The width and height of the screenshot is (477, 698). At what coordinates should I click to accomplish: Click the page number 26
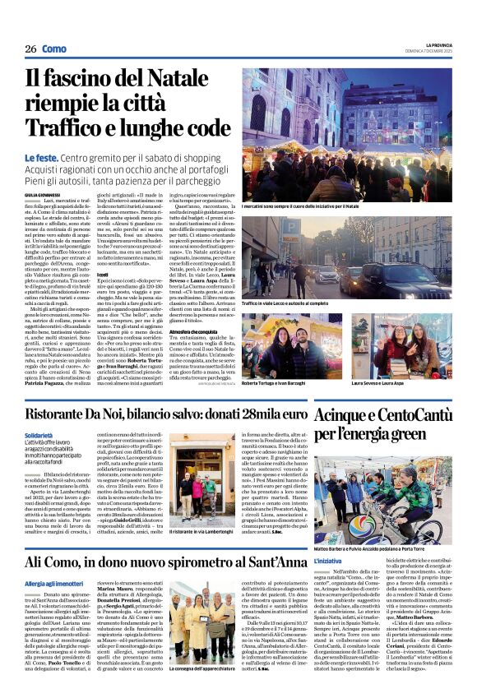(x=30, y=49)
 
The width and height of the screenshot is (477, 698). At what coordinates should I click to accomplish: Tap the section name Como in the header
(x=54, y=49)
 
